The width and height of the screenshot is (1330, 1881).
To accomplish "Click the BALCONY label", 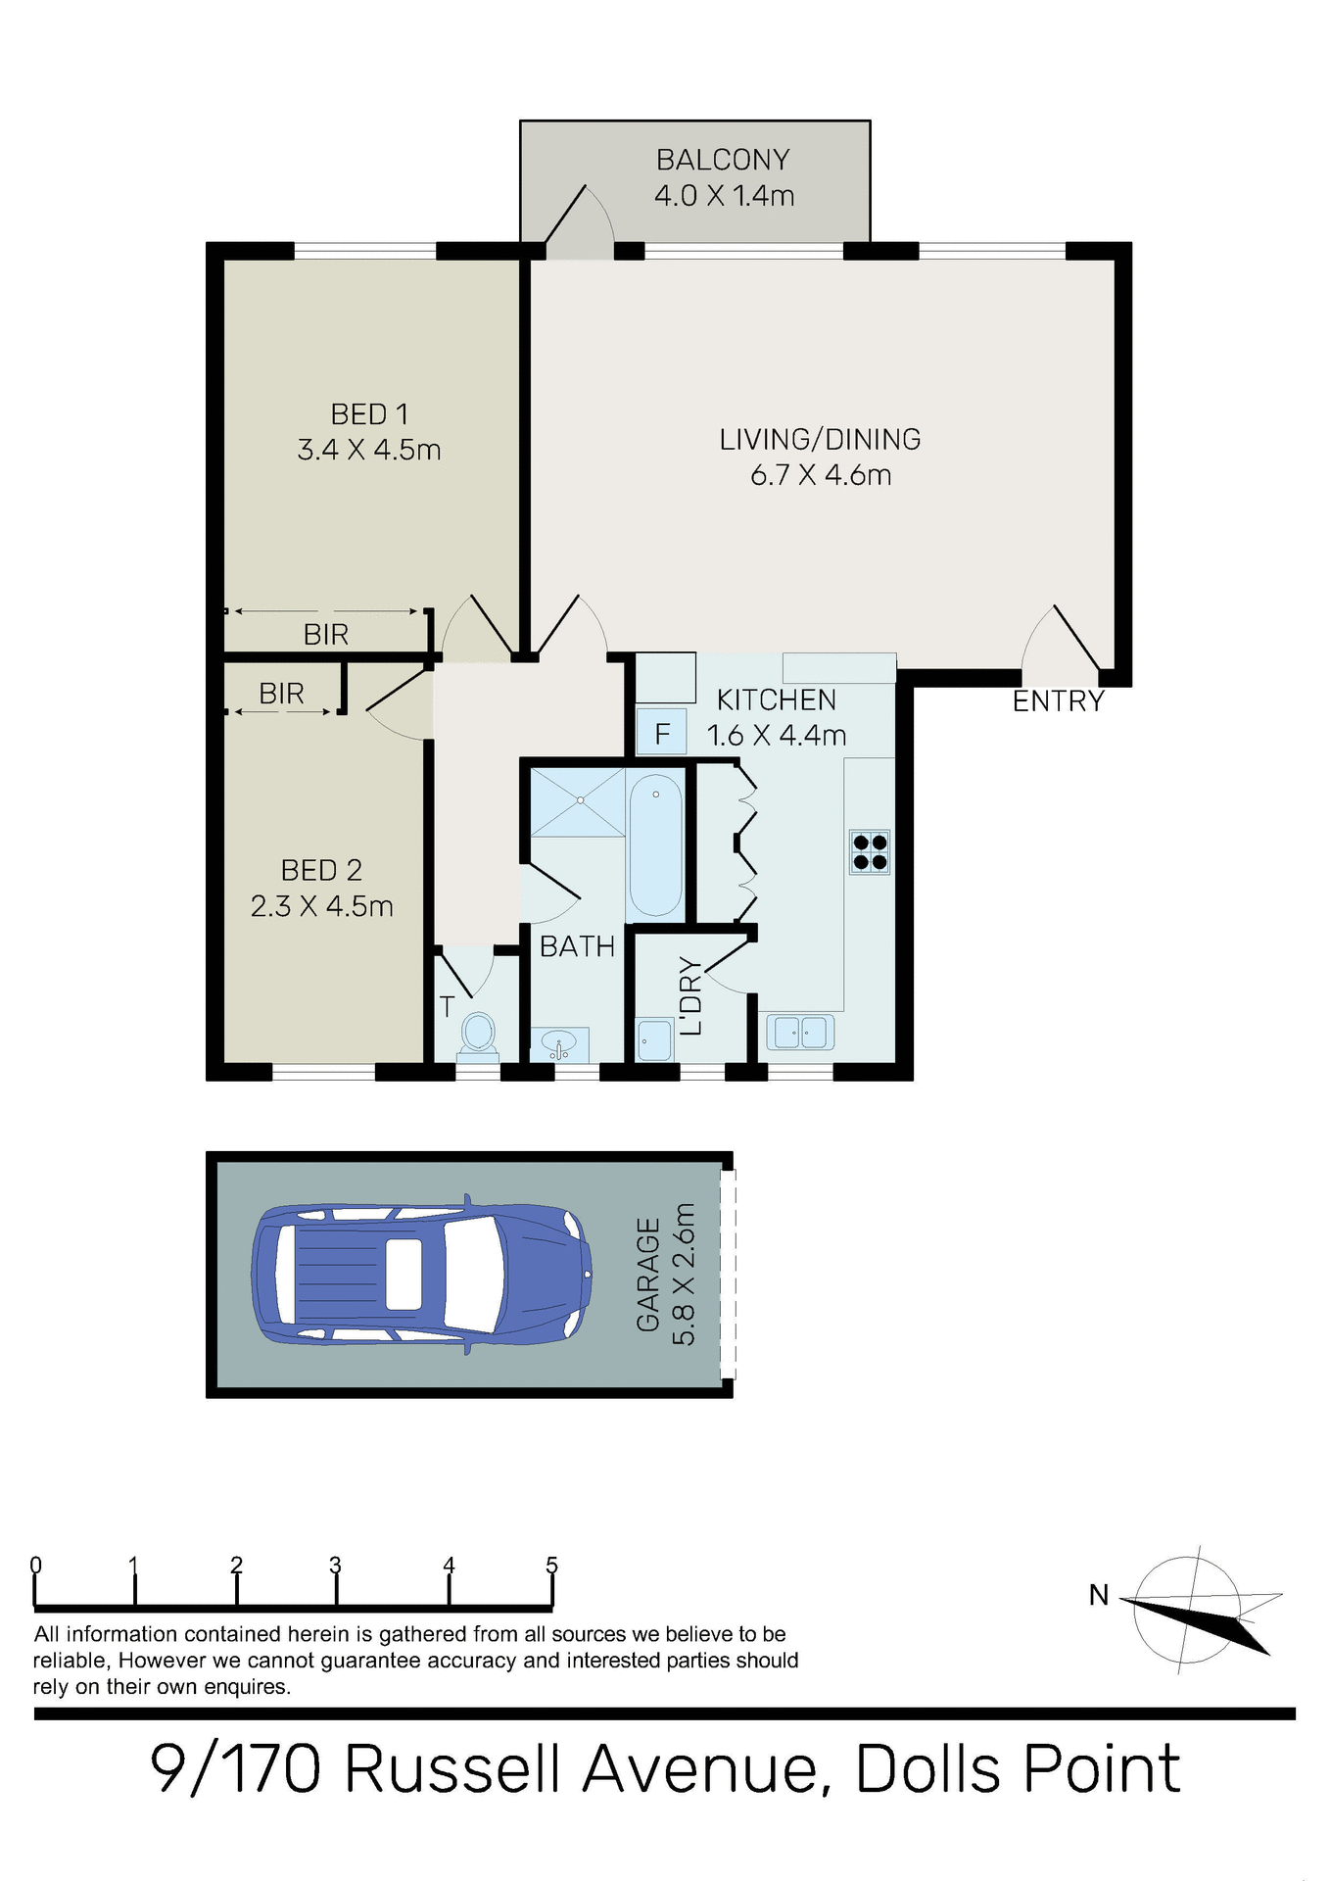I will (x=723, y=160).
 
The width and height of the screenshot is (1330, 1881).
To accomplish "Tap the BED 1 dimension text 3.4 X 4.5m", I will (x=368, y=451).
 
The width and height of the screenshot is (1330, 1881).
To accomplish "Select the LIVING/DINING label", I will (x=820, y=440).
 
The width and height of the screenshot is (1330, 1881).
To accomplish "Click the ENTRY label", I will (x=1058, y=701).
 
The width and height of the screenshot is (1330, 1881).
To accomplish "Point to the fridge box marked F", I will (x=662, y=733).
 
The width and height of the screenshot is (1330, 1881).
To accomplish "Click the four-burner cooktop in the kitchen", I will (x=870, y=852).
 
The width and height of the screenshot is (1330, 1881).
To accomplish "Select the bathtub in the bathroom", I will (x=655, y=844).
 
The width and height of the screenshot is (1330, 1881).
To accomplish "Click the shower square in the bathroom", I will (x=578, y=801).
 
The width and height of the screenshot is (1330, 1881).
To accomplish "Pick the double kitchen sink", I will (x=801, y=1032).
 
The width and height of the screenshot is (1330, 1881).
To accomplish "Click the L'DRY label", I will (x=691, y=995).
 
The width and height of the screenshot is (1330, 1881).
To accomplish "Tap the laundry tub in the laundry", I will (x=653, y=1040).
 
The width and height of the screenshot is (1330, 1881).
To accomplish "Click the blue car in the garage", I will (x=421, y=1274).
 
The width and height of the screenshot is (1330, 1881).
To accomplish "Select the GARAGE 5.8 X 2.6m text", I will (x=666, y=1274).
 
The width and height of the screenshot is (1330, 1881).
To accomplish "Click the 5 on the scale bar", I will (x=551, y=1565).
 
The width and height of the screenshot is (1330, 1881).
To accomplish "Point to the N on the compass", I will (x=1099, y=1596).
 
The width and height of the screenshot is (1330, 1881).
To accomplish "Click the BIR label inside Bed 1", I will (x=326, y=635).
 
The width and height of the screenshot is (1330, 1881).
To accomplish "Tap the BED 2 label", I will (x=321, y=870).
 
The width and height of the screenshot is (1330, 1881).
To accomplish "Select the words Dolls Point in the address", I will (x=1019, y=1769).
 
